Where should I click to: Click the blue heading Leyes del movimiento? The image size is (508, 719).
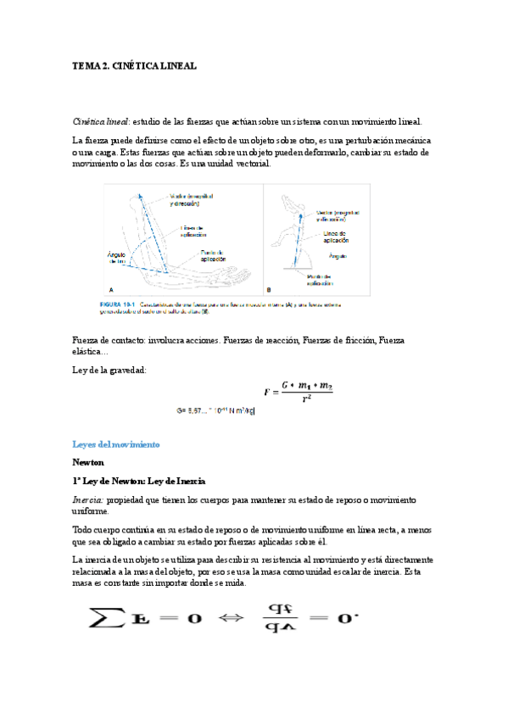(x=116, y=444)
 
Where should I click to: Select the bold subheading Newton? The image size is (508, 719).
(x=88, y=463)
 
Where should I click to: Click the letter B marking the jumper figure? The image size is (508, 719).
(x=269, y=289)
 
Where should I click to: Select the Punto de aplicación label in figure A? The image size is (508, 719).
(x=213, y=254)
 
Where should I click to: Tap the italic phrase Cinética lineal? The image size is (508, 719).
(x=101, y=121)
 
